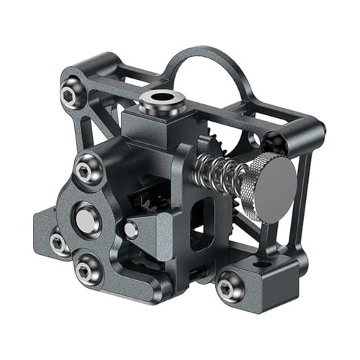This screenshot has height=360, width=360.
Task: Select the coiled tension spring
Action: tap(216, 174)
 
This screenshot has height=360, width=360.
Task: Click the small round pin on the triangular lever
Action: tap(131, 230)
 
